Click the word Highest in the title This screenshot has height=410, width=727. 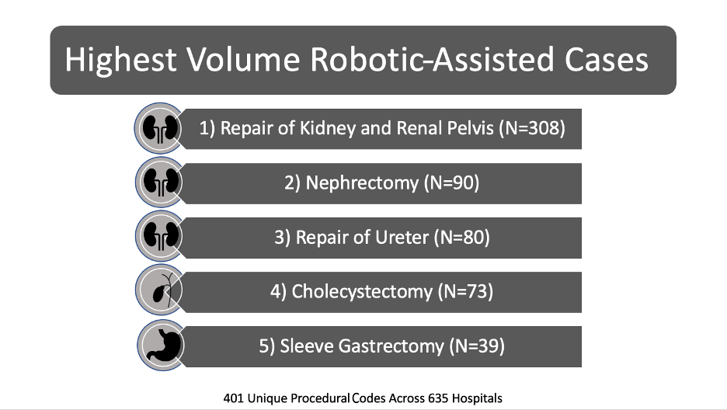tap(120, 60)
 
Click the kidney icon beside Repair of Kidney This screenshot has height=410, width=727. tap(160, 128)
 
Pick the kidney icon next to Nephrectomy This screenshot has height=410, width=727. tap(161, 182)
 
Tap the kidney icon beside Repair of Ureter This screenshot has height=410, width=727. tap(161, 236)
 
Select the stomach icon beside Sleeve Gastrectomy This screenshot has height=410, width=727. tap(162, 345)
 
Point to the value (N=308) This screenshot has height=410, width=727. tap(532, 128)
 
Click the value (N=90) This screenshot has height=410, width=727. tap(451, 183)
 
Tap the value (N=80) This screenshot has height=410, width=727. tap(462, 237)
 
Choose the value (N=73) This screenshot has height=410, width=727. tap(465, 291)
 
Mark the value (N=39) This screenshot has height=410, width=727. tap(477, 346)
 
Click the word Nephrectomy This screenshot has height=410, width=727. tap(362, 183)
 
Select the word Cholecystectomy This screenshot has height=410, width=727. tap(362, 292)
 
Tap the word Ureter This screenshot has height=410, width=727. tap(402, 237)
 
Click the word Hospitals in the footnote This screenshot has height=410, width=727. tap(477, 398)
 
